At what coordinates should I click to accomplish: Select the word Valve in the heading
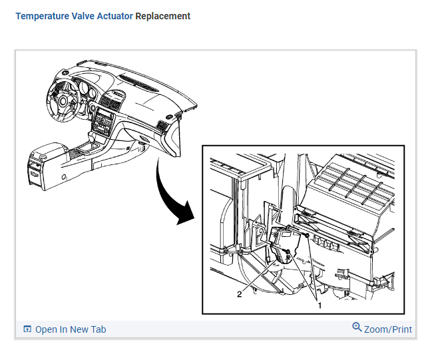coord(86,16)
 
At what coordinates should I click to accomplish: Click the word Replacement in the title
coord(162,16)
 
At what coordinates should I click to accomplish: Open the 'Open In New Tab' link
coord(70,329)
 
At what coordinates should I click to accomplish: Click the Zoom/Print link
coord(387,329)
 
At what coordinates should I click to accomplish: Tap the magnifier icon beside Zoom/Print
coord(357,327)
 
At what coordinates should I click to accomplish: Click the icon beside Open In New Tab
coord(27,329)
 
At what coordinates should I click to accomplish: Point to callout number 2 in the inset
coord(239,294)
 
